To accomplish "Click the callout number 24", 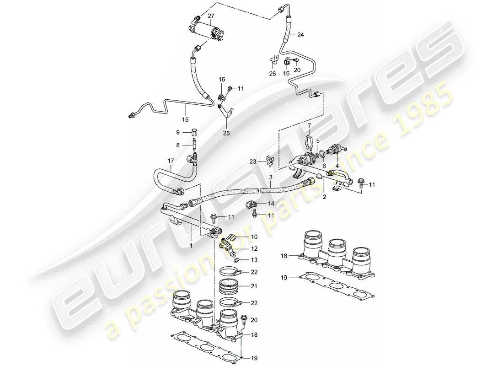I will coord(300,35).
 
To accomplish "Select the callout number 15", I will coord(185,120).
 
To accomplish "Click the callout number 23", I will coord(252,161).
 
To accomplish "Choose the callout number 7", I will coord(309,126).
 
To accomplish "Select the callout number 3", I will coord(270,177).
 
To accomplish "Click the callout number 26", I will coord(273,74).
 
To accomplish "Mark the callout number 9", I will coord(179,132).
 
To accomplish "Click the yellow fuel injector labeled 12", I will coord(229,247).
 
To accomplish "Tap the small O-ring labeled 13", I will coord(235,260).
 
